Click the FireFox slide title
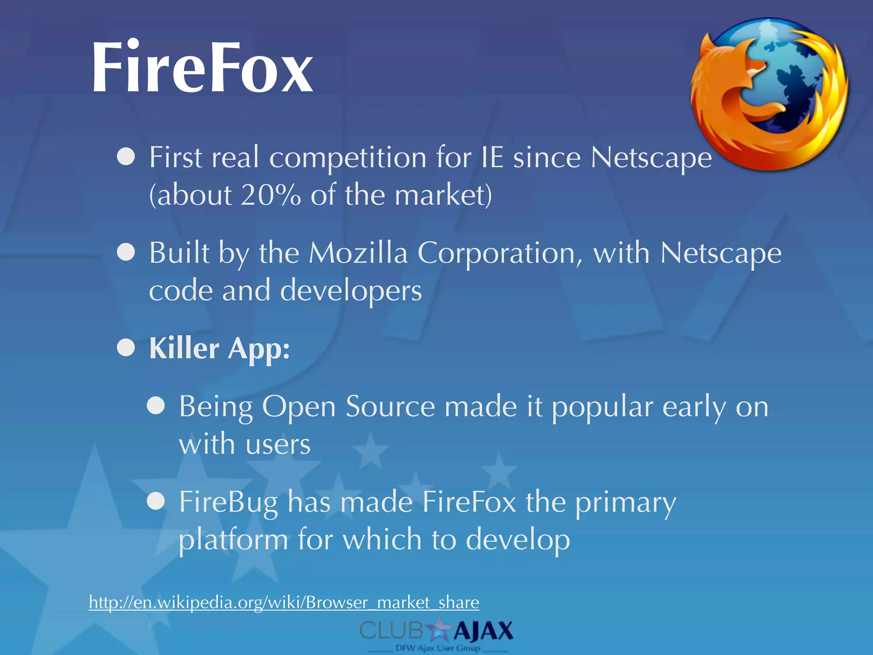pos(202,67)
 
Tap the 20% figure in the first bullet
pos(271,195)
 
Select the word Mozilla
pos(358,253)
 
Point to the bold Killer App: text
pos(220,348)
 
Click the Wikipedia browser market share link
pos(284,602)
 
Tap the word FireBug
pos(228,502)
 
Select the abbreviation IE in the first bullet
pos(492,157)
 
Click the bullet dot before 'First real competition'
pos(126,157)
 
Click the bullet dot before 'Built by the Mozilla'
pos(126,252)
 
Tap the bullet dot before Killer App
pos(126,348)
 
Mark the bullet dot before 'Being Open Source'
pos(156,406)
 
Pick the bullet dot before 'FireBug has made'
pos(156,501)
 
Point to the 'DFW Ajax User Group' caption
pos(438,648)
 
